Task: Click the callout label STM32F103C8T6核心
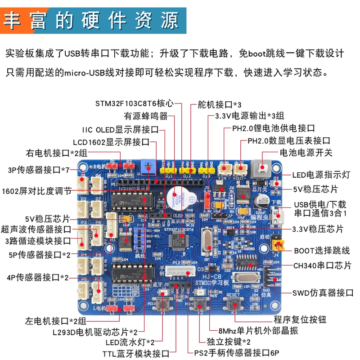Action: [x=134, y=103]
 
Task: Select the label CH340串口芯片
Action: [x=322, y=265]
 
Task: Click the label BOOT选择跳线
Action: [x=322, y=250]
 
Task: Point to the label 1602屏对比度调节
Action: [x=36, y=190]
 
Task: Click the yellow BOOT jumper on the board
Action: [x=279, y=245]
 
